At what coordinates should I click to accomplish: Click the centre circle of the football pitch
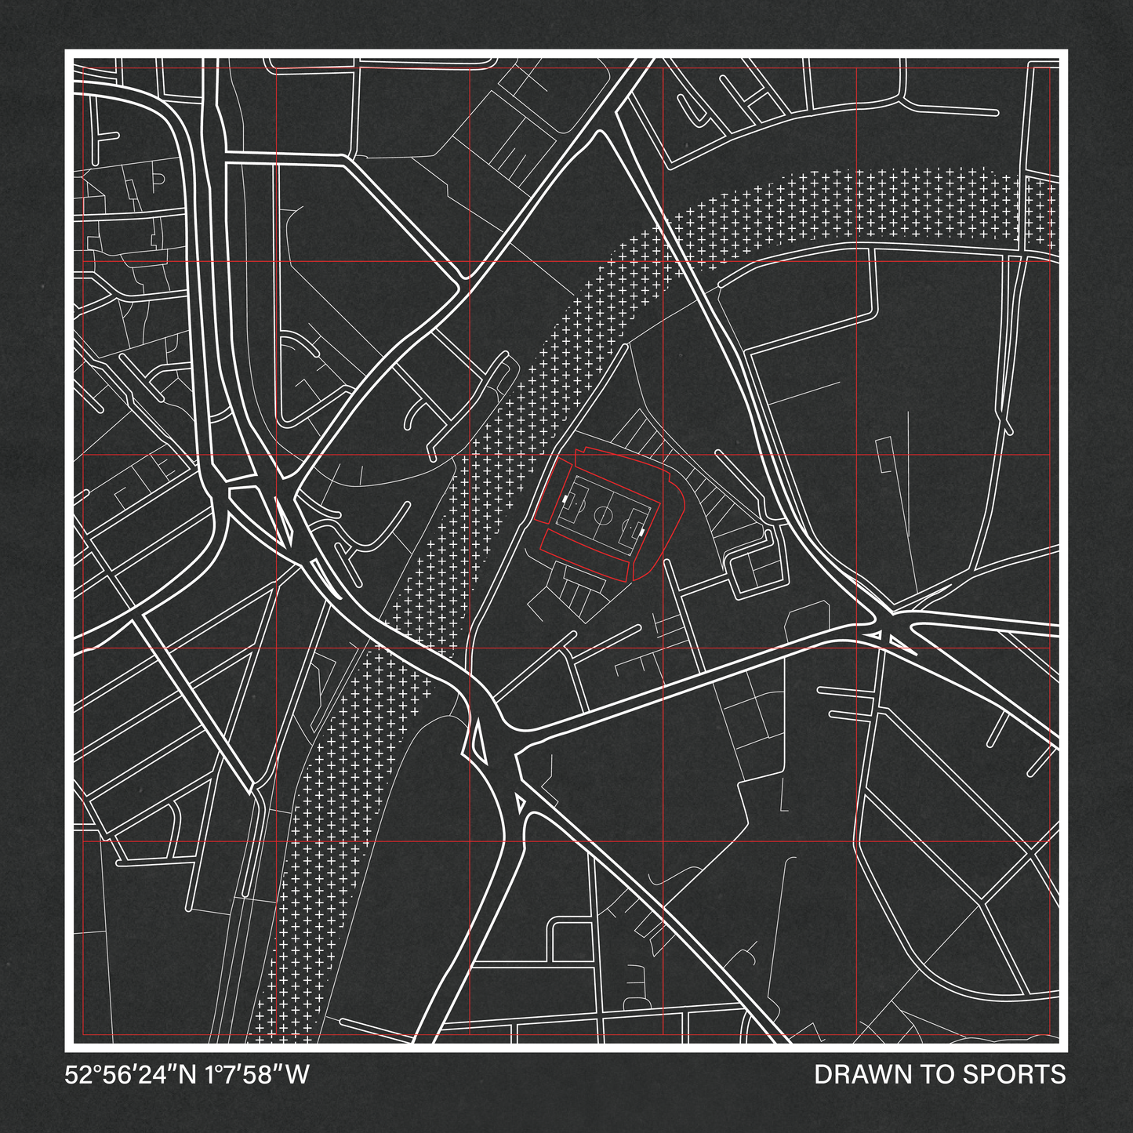(603, 515)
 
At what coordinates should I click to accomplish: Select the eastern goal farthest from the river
(642, 532)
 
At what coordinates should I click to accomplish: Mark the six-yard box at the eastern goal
(637, 531)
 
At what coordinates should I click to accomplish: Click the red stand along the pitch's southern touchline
(588, 552)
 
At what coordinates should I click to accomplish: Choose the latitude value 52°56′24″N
(131, 1074)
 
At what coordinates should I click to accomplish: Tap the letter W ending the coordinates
(297, 1074)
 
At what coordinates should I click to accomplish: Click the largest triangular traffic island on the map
(478, 742)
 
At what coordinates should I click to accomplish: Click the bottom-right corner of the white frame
(1065, 1048)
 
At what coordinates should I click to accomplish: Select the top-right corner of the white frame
(1065, 53)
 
